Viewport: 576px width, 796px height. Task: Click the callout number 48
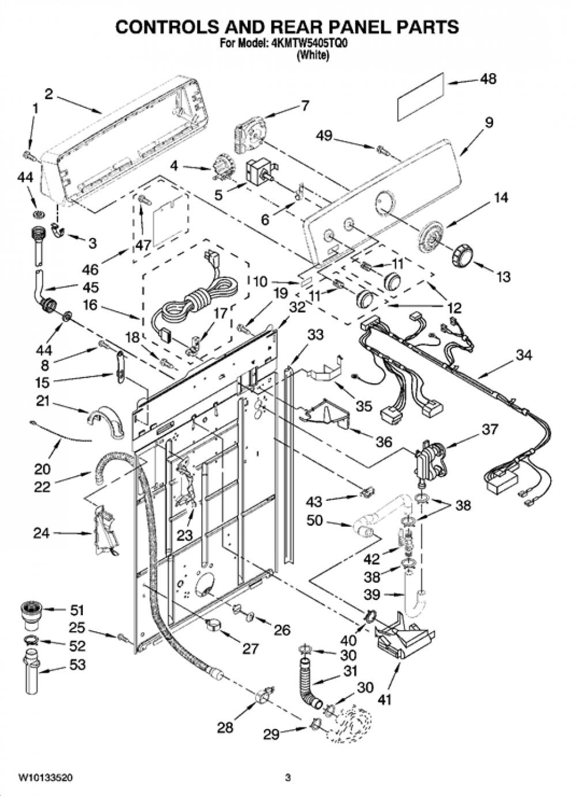488,79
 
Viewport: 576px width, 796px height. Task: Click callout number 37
490,429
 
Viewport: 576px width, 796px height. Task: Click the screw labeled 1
28,155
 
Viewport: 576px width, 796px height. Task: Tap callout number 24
42,533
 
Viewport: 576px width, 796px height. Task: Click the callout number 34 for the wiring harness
524,354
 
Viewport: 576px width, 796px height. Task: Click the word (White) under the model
314,55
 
